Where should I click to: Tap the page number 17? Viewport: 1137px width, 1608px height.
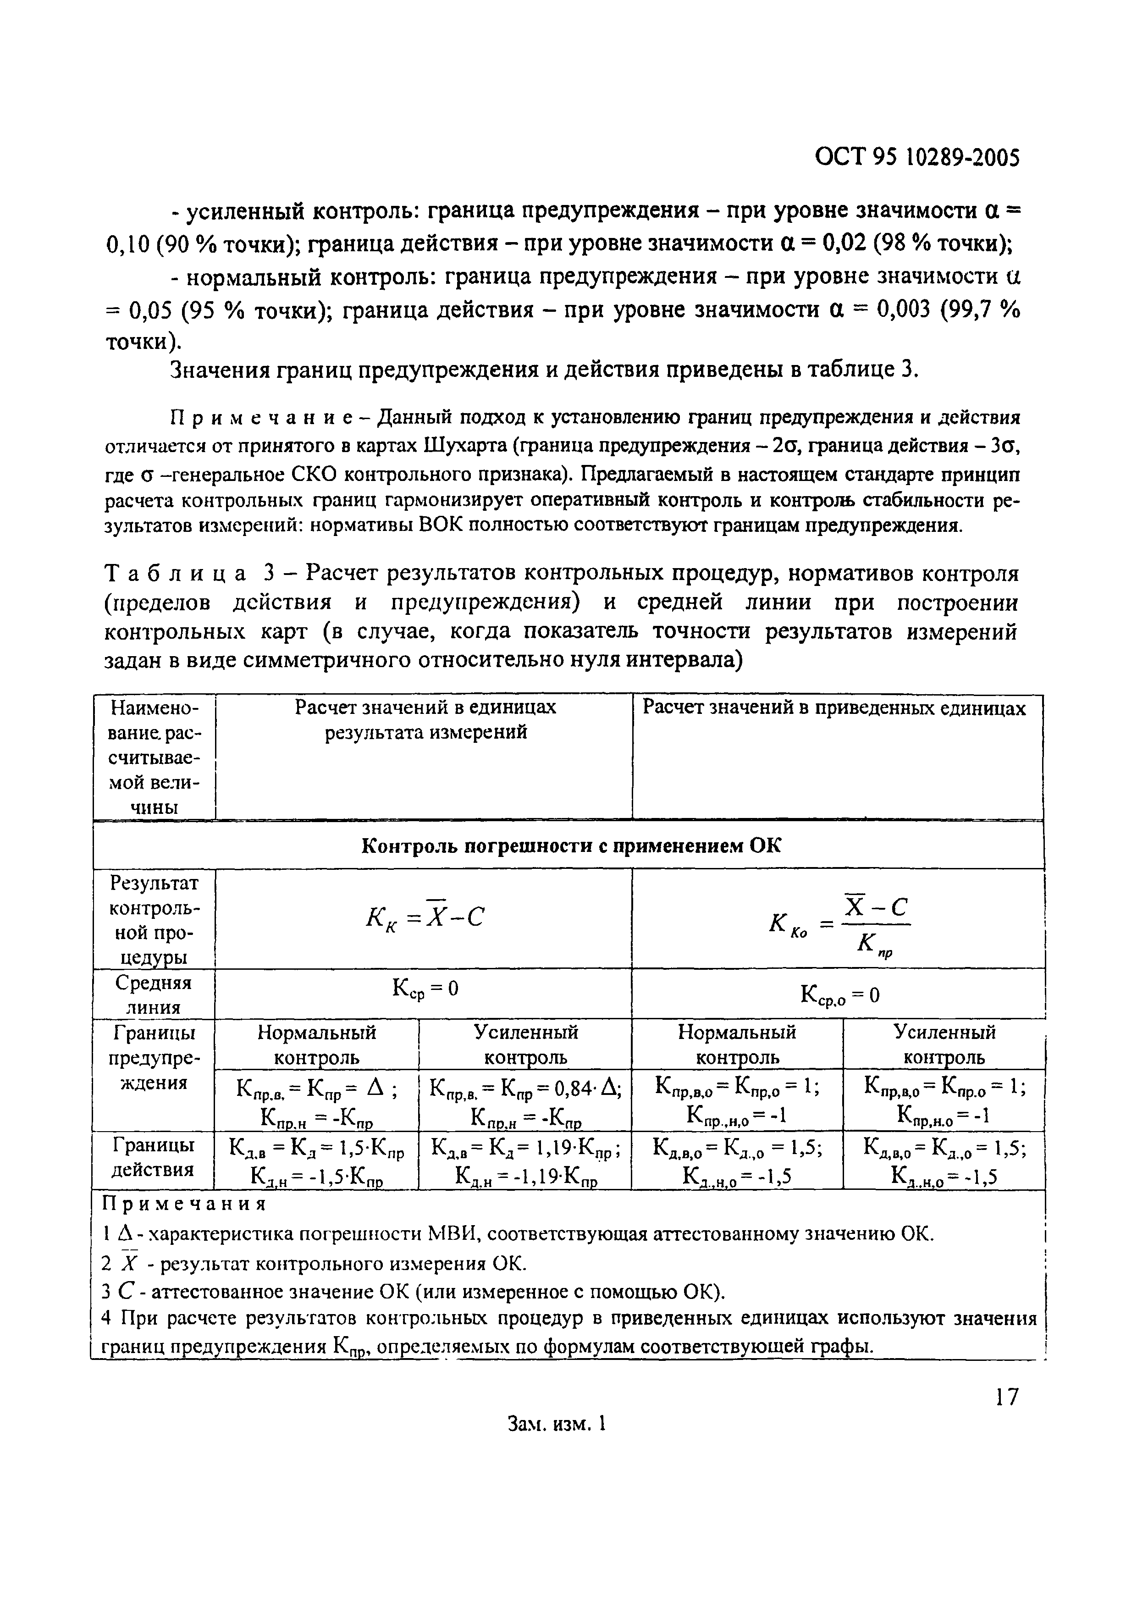coord(1006,1397)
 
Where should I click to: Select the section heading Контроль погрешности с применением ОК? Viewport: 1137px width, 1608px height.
coord(571,846)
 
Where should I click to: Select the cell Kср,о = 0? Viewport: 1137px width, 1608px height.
coord(839,995)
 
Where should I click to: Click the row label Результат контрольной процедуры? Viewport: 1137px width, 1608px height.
coord(153,920)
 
